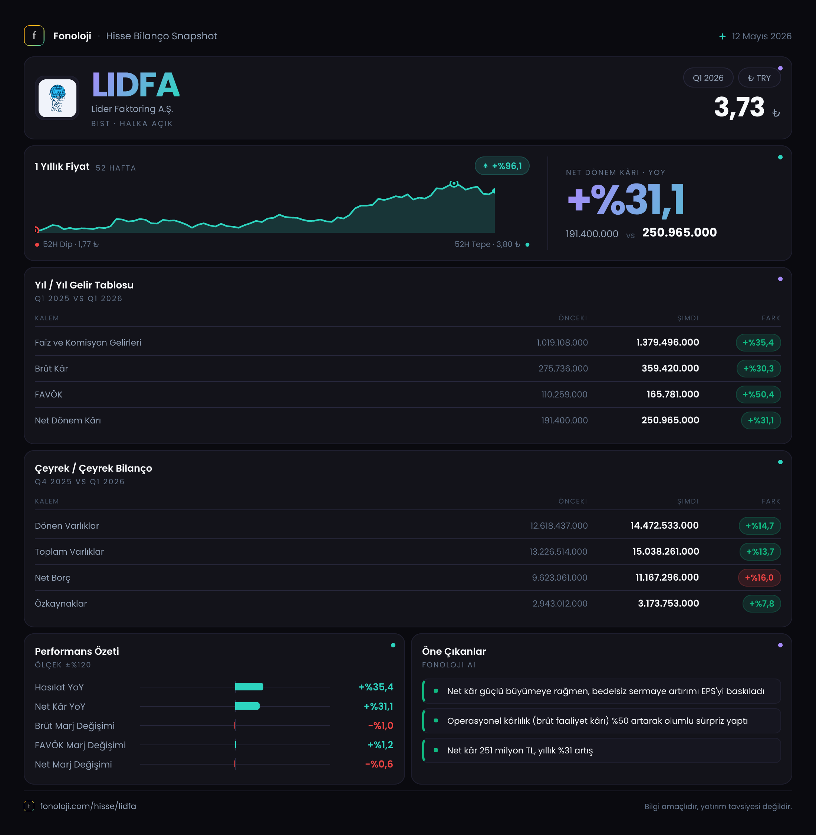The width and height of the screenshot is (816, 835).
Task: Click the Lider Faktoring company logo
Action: (x=57, y=98)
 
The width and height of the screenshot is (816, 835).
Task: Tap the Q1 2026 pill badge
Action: (x=708, y=78)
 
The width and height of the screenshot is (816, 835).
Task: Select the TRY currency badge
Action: (x=759, y=78)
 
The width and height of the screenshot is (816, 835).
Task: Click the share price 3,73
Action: (x=739, y=107)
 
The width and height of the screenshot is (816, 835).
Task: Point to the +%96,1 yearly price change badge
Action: (x=502, y=166)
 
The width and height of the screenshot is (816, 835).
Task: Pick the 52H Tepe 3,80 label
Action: (x=487, y=244)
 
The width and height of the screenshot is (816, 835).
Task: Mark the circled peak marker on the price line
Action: (x=454, y=184)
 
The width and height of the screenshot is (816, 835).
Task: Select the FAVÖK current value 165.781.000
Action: (x=673, y=394)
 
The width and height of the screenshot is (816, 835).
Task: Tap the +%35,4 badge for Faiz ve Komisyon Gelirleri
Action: (x=758, y=343)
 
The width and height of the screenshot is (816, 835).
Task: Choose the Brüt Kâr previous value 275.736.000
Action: (x=563, y=369)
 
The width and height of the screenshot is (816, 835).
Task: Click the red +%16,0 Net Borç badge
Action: (x=759, y=578)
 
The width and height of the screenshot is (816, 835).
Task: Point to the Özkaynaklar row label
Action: (x=61, y=604)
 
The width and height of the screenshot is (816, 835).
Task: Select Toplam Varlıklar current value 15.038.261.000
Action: (x=665, y=551)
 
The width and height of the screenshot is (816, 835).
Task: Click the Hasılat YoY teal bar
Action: (x=249, y=687)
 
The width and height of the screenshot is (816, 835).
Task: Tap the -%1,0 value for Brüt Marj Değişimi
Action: (x=381, y=726)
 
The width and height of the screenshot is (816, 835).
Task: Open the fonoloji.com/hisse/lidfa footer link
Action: (x=88, y=806)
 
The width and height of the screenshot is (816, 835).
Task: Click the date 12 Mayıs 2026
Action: (x=761, y=36)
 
